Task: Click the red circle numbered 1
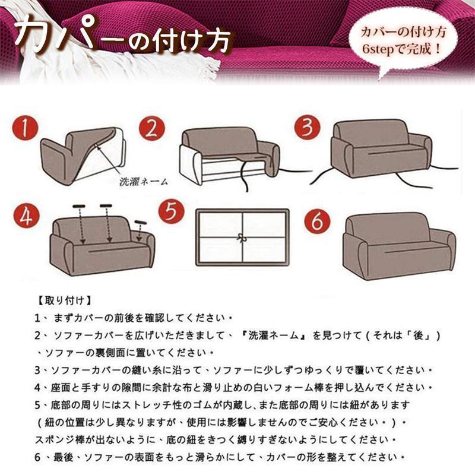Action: (24, 129)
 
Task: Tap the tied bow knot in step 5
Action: (242, 237)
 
